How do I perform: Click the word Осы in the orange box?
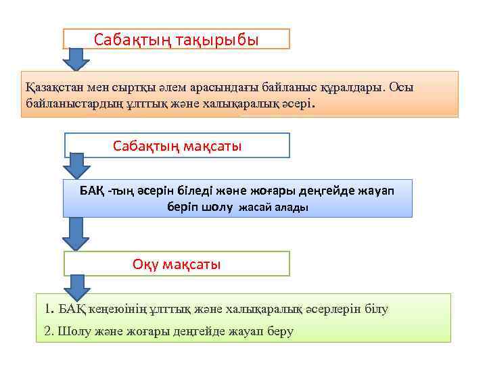coord(404,87)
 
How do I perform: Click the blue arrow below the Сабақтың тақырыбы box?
coord(76,59)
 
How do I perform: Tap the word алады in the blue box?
coord(292,208)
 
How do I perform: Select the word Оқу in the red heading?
coord(145,264)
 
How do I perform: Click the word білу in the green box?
coord(375,310)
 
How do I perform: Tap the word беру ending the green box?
coord(279,332)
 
